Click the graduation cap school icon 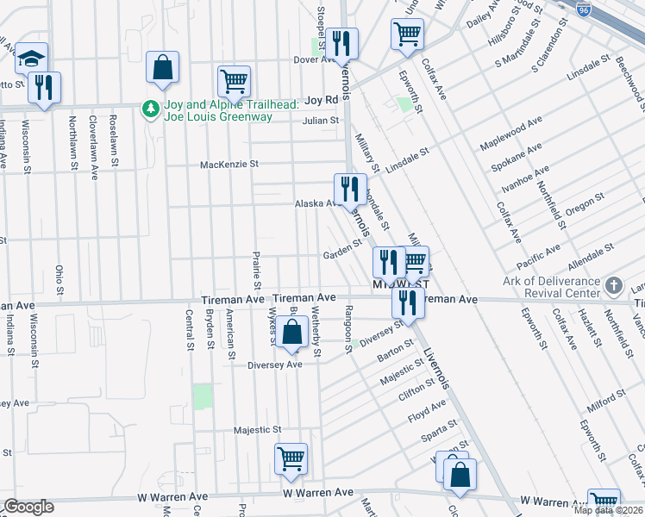click(32, 59)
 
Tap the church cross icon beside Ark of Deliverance click(613, 285)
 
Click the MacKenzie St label click(229, 165)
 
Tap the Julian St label click(321, 121)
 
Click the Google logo click(28, 507)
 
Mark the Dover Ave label click(313, 60)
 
